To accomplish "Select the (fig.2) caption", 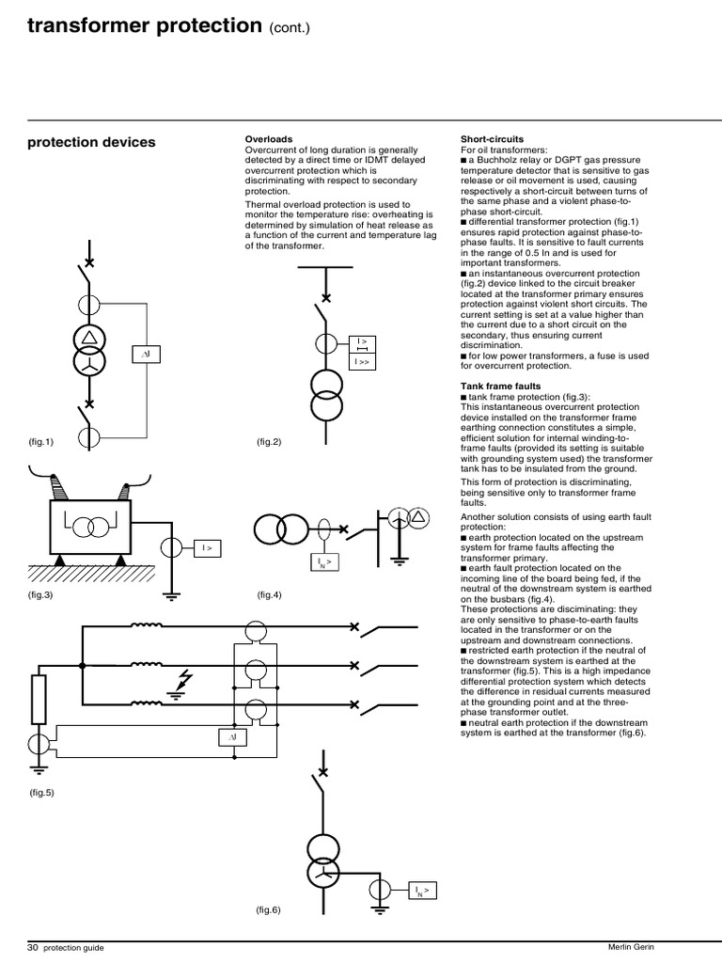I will tap(269, 440).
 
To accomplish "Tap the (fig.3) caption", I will tap(41, 596).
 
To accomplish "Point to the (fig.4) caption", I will tap(269, 596).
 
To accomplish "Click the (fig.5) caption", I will tap(41, 792).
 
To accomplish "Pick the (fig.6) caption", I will tap(269, 909).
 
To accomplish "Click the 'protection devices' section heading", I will tap(91, 142).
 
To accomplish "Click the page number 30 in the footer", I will tap(33, 947).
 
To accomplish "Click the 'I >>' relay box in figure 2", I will tap(362, 360).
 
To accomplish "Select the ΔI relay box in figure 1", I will tap(146, 355).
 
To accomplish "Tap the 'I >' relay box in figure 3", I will tap(207, 546).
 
